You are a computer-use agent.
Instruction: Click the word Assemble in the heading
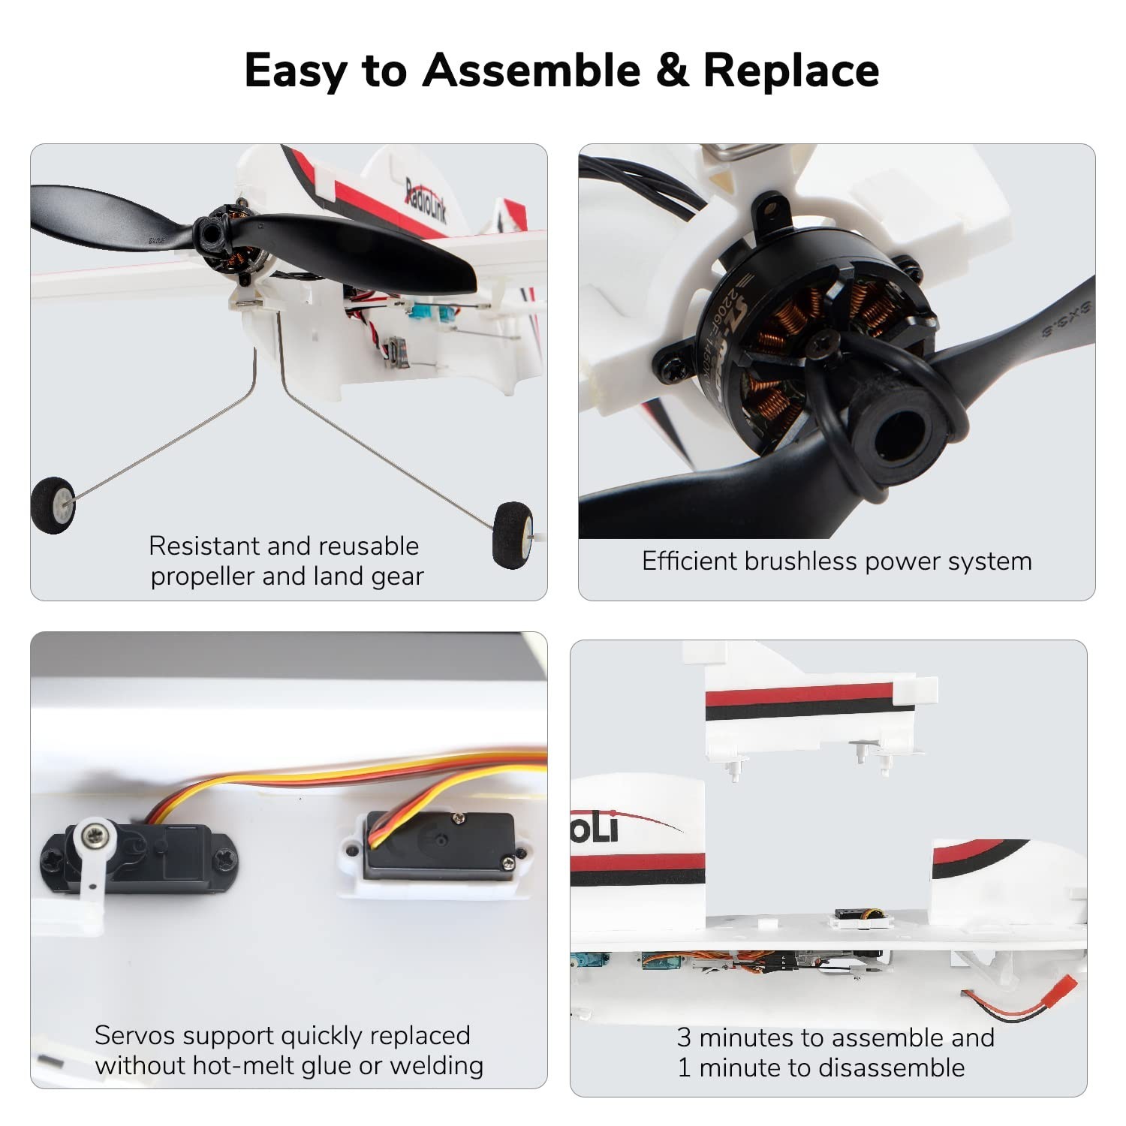(x=531, y=71)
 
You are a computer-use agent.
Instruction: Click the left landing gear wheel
(x=53, y=505)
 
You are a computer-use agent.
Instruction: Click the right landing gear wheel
(x=513, y=534)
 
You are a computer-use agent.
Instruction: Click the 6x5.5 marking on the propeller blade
(x=1066, y=321)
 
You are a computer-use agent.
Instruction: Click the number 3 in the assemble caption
(x=684, y=1037)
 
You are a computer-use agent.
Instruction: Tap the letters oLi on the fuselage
(x=595, y=828)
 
